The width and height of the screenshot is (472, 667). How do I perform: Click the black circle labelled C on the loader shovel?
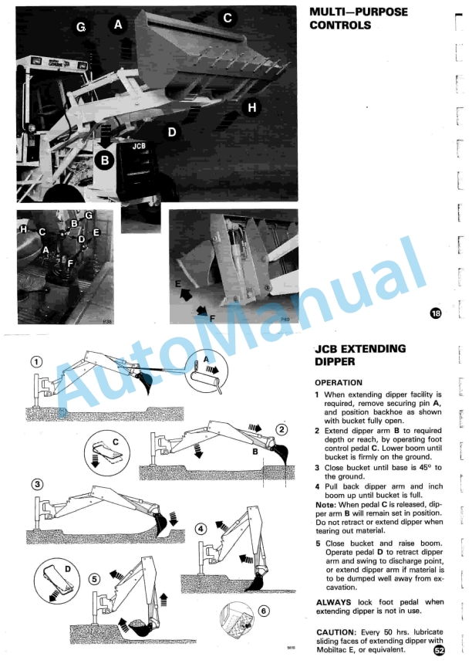tap(227, 18)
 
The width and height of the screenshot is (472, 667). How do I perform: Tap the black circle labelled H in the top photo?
tap(251, 109)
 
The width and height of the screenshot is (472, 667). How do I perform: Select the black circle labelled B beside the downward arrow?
tap(105, 161)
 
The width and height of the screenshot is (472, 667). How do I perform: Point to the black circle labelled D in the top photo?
tap(172, 132)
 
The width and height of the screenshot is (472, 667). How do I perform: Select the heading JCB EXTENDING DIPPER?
tap(360, 354)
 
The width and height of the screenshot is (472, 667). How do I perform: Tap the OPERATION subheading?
tap(339, 382)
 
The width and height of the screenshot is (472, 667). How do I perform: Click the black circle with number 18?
tap(437, 313)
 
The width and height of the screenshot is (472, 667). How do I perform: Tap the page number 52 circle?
tap(439, 650)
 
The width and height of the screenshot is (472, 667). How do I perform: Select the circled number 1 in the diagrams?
tap(35, 361)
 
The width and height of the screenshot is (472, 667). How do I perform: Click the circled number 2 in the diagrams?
tap(282, 429)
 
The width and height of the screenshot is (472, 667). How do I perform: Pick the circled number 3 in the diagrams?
tap(36, 484)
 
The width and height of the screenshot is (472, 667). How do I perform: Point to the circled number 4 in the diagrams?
tap(201, 529)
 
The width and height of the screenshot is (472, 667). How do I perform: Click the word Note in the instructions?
tap(325, 504)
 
